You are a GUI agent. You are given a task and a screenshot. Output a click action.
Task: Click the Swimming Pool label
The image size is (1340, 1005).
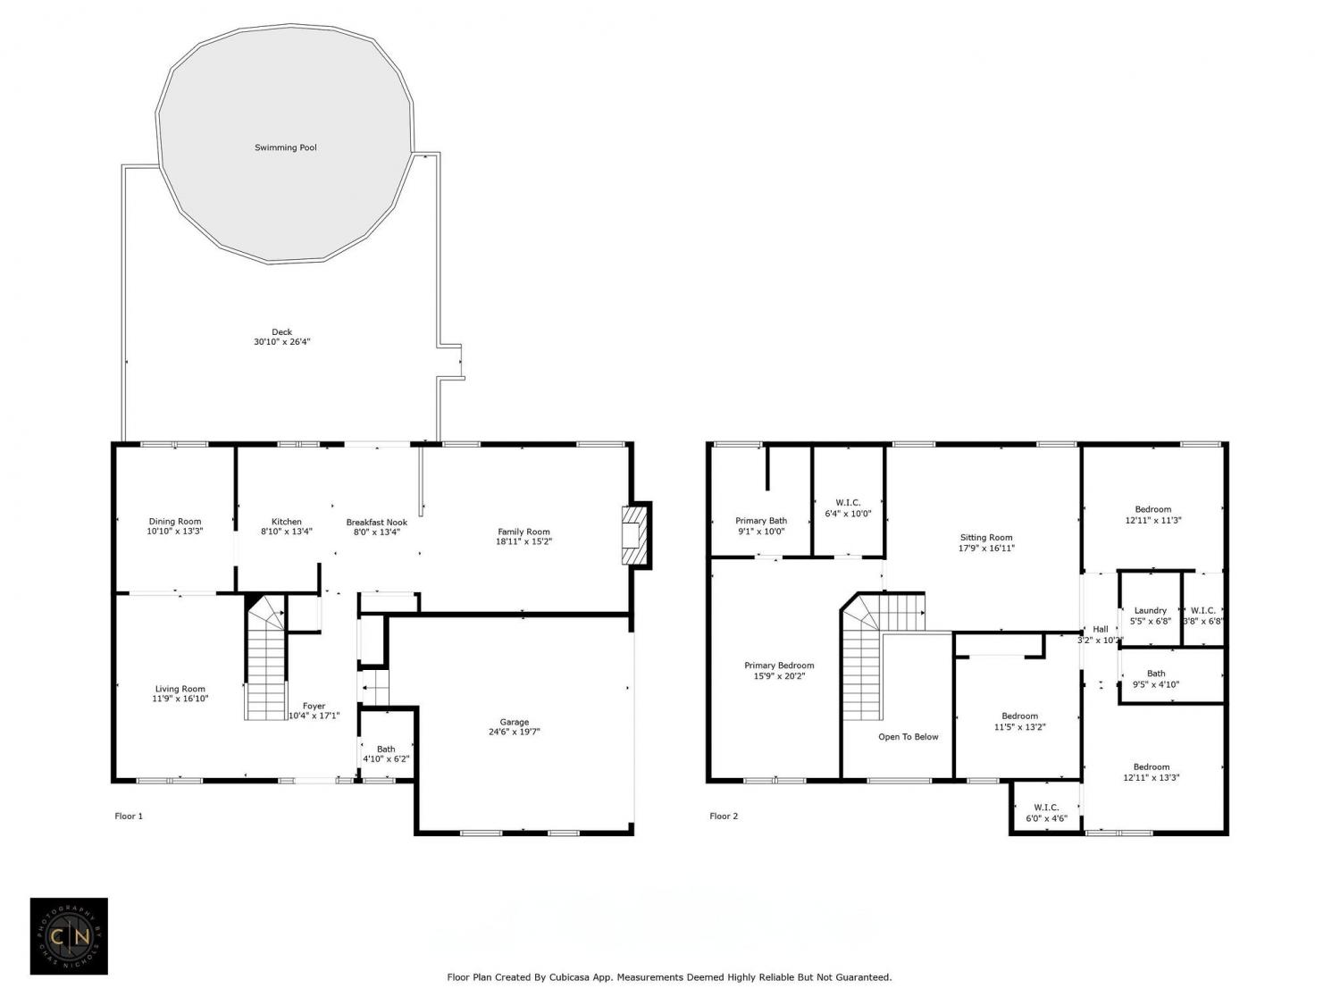285,147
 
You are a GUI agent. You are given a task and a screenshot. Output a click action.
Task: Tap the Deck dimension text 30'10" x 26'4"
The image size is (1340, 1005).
282,342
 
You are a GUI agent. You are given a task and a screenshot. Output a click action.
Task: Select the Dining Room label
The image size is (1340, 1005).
174,521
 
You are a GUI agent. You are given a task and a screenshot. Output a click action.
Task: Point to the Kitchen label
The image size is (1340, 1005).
287,522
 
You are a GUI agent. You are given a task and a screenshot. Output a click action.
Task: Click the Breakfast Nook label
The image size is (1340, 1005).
377,523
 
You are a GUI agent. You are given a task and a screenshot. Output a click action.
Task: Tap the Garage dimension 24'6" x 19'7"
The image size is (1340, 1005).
514,732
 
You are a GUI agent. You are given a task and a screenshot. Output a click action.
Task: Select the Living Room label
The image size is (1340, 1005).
180,689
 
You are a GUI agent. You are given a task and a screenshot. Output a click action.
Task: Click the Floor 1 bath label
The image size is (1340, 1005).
386,749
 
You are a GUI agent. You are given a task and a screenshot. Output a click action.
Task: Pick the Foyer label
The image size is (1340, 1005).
314,706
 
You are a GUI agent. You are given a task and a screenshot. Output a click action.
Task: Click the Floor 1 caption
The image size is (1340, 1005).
129,816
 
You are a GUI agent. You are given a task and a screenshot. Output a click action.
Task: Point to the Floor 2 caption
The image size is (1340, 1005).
724,816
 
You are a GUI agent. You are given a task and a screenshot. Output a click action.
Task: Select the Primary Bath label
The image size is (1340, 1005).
760,521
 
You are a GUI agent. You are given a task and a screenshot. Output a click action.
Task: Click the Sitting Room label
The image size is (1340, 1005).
986,538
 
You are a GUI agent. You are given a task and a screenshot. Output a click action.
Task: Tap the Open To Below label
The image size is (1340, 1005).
908,736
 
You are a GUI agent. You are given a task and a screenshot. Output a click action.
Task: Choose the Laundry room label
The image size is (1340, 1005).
1150,610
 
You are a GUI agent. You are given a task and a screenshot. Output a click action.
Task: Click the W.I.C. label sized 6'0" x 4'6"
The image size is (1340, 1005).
1046,808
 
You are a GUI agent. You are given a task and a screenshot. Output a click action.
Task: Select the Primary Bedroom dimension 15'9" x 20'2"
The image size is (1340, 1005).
779,676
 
